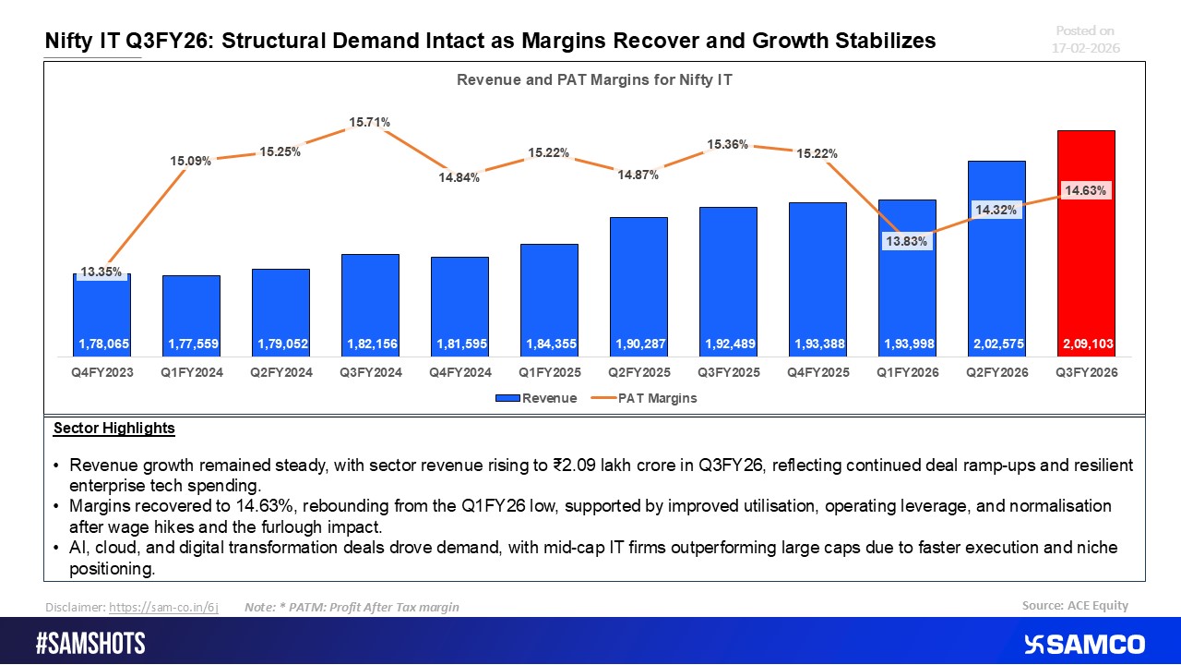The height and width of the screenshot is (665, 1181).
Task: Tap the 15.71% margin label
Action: coord(369,122)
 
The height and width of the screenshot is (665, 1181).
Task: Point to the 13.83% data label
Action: coord(907,241)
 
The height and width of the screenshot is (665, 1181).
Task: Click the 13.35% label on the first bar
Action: coord(101,272)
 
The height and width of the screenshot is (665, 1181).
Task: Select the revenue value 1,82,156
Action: coord(370,344)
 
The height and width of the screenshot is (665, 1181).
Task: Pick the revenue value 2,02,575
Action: coord(996,344)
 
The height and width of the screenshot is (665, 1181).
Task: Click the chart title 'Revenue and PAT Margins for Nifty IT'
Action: coord(594,80)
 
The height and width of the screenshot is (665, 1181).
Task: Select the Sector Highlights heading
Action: coord(113,429)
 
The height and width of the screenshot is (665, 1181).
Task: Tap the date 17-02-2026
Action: coord(1087,47)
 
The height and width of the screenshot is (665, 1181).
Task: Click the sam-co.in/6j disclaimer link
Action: coord(163,607)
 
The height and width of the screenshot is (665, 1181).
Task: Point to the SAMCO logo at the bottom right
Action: coord(1084,644)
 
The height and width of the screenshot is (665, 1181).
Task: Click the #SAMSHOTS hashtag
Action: coord(90,644)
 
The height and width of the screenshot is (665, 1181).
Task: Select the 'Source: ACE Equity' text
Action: coord(1075,606)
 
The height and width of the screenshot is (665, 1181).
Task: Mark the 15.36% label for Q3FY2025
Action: coord(728,145)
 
